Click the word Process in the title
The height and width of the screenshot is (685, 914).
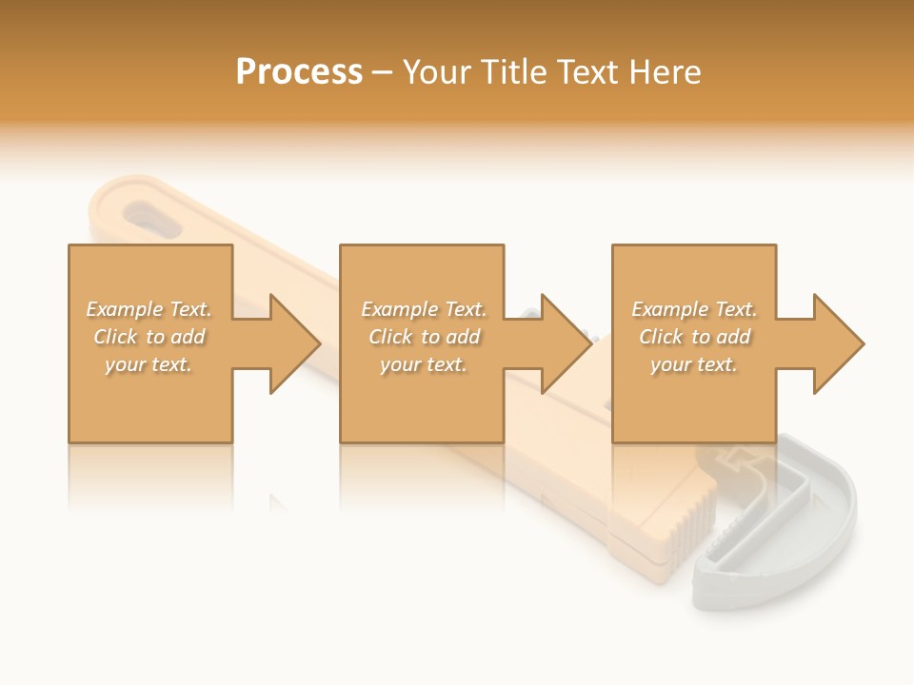pos(299,72)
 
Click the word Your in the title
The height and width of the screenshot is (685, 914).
pos(440,72)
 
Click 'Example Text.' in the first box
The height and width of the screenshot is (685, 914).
pos(149,309)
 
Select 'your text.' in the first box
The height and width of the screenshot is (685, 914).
pos(149,364)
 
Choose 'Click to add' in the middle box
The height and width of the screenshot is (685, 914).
pos(424,337)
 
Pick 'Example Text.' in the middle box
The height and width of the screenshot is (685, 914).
pos(424,309)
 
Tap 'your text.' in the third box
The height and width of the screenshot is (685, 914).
pos(694,364)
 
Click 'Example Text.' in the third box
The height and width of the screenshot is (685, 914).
pos(694,309)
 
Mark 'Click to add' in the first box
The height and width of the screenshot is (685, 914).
pos(149,337)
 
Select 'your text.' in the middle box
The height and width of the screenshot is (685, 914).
pos(424,364)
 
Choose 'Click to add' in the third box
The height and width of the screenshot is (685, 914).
pos(694,337)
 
